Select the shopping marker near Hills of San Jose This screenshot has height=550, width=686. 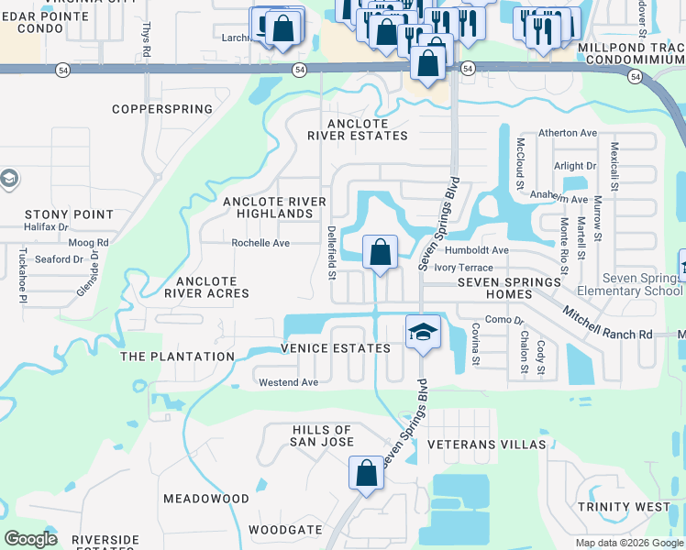pos(366,474)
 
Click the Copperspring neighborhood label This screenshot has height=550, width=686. pos(162,109)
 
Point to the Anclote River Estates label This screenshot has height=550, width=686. pos(358,129)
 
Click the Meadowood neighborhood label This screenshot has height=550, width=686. pos(206,499)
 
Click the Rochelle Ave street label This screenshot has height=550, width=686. pos(260,243)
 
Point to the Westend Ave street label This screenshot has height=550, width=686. pos(288,382)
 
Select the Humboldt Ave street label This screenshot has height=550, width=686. pos(476,250)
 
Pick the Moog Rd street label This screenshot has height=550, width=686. pos(88,243)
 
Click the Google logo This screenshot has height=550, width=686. pos(30,538)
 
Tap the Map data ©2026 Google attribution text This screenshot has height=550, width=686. pos(629,543)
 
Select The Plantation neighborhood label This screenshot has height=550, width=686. pos(177,357)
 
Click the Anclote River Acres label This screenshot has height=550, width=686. pos(206,287)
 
